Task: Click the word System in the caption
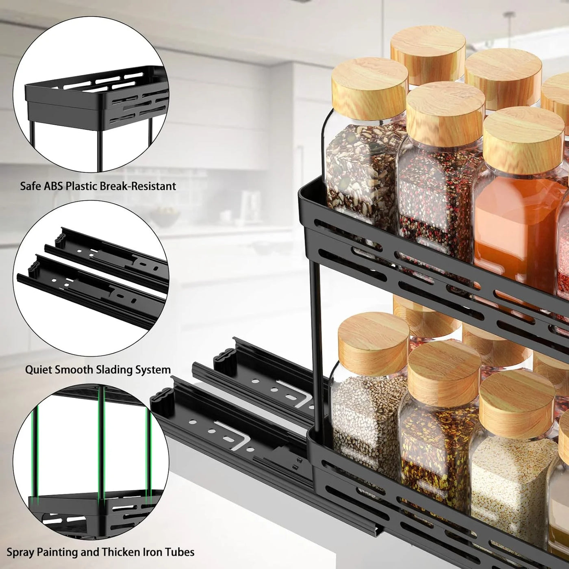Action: (x=153, y=369)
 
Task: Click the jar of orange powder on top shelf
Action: (x=514, y=219)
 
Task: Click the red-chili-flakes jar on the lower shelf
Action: (x=435, y=447)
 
